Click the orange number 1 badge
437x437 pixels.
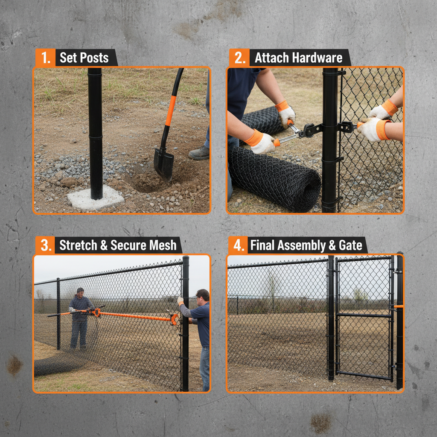[44, 58]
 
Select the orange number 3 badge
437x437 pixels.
[44, 245]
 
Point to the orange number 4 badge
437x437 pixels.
[237, 245]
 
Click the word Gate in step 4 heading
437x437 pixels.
[352, 245]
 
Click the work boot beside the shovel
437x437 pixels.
[199, 153]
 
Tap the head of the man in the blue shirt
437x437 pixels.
[203, 295]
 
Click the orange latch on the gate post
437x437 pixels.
[399, 306]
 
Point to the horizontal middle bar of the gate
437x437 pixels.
[364, 315]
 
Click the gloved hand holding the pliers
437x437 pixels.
[261, 143]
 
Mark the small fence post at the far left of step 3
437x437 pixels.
[58, 314]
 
